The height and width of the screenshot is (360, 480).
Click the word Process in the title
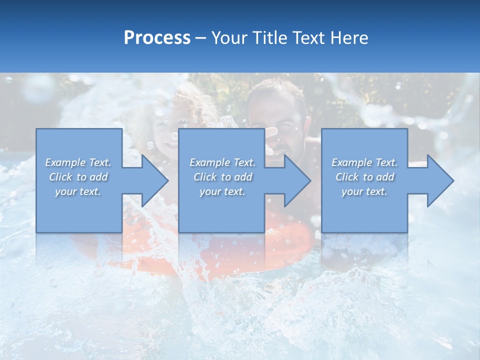pyautogui.click(x=157, y=38)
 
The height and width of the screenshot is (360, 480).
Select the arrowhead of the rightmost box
pyautogui.click(x=439, y=180)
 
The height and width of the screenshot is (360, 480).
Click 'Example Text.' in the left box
pyautogui.click(x=78, y=162)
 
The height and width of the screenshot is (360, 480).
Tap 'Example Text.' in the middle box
pyautogui.click(x=222, y=162)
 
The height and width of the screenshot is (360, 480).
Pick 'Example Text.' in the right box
pyautogui.click(x=364, y=162)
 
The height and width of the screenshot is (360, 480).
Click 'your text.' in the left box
pyautogui.click(x=78, y=191)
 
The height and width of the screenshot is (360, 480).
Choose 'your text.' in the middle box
pyautogui.click(x=222, y=191)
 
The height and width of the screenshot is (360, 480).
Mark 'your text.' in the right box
pyautogui.click(x=364, y=191)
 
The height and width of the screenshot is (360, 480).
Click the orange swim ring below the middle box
pyautogui.click(x=290, y=245)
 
